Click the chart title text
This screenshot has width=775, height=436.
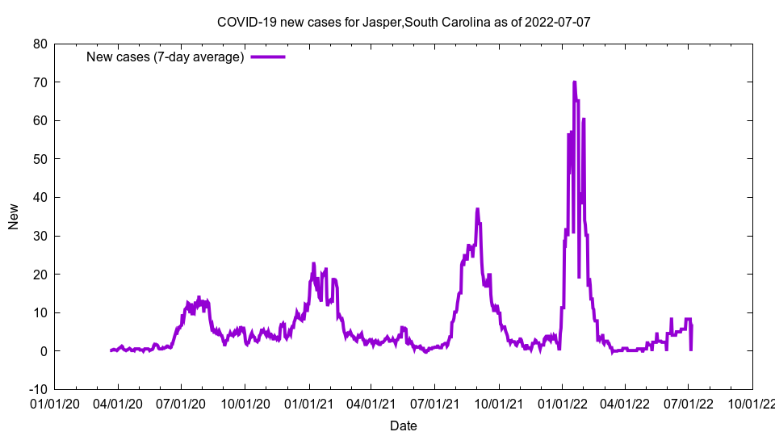tap(404, 22)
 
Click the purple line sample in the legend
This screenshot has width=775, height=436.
tap(268, 57)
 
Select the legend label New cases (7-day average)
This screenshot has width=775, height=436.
tap(165, 57)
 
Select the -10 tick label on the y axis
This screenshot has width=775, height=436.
tap(37, 389)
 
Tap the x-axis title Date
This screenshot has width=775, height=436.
tap(404, 426)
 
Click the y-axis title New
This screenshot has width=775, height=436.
tap(14, 216)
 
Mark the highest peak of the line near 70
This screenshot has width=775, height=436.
tap(574, 82)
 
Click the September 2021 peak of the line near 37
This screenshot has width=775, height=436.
tap(477, 209)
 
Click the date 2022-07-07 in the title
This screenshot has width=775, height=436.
tap(557, 22)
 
